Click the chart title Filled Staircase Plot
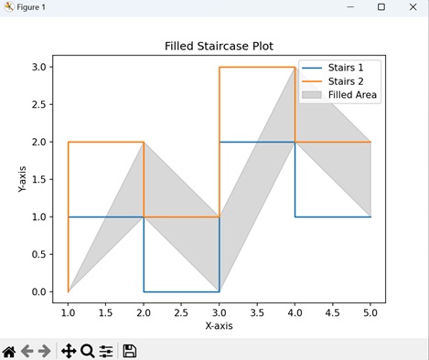(x=219, y=46)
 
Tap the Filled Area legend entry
(x=352, y=94)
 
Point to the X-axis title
(x=219, y=326)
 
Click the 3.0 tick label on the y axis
(x=37, y=67)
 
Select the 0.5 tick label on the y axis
(x=37, y=254)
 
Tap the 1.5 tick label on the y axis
(x=37, y=179)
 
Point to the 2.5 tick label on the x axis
(x=180, y=312)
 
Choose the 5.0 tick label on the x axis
(x=370, y=312)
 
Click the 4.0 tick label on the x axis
(x=295, y=312)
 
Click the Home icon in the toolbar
(x=9, y=351)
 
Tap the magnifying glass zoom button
(x=87, y=351)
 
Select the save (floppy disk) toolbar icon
(x=130, y=351)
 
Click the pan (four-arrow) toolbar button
(x=68, y=351)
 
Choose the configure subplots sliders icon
(x=106, y=351)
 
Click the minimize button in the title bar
(x=350, y=7)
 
